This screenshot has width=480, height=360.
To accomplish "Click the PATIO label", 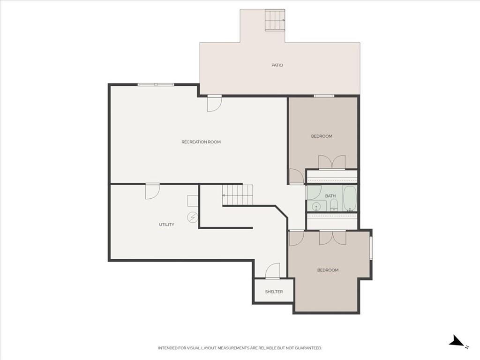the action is tap(277, 65).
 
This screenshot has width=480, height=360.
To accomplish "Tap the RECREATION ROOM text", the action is tap(201, 142).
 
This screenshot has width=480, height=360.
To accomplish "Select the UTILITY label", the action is tap(166, 225).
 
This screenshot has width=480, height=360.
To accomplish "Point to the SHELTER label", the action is tap(274, 292).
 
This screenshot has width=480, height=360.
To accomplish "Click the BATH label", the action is tap(330, 196).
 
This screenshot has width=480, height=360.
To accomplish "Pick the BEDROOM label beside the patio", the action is tap(322, 136).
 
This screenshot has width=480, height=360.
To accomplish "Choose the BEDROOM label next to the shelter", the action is tap(328, 270).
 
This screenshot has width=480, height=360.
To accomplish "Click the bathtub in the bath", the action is tap(350, 198).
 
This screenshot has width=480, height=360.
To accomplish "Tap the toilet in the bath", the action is tap(334, 205).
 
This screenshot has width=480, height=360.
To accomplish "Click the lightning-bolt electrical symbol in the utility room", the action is tap(193, 217).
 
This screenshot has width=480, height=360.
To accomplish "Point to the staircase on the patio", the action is tap(275, 20).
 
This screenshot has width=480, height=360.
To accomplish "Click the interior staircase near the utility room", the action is tap(238, 195).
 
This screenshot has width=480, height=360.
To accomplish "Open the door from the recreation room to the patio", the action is tap(214, 104).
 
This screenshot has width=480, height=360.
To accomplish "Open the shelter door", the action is tap(272, 271).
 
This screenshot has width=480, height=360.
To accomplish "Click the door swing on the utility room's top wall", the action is tap(152, 191).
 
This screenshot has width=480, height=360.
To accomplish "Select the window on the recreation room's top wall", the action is tap(156, 85).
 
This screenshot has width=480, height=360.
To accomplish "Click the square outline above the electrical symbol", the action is tap(193, 201).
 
